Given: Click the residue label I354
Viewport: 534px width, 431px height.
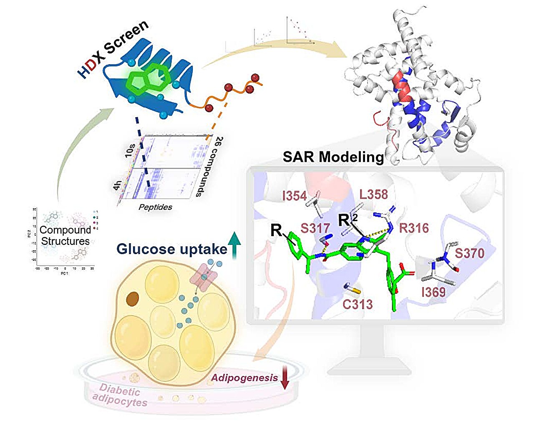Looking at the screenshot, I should point(295,196).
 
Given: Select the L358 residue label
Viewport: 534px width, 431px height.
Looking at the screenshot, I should point(374,194).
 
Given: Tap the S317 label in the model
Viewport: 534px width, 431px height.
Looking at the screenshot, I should point(315,228).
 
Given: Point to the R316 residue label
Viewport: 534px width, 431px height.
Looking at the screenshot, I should point(414,228).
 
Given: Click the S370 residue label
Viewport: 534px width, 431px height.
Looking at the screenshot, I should point(469,253).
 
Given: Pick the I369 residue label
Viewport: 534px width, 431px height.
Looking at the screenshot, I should point(433,292).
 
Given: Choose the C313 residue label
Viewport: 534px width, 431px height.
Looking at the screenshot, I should point(358,304).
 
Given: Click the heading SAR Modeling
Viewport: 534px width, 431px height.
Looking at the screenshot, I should point(333,157).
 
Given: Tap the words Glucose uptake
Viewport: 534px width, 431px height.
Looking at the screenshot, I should point(171,249).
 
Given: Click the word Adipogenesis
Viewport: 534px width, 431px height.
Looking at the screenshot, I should point(244,378).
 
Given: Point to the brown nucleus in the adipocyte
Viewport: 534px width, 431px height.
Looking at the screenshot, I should point(133,298).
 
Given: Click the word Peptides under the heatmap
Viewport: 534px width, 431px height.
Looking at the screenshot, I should point(155,207).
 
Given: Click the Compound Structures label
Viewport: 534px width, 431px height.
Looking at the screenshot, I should point(65,235).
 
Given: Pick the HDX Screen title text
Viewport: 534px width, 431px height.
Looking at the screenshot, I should point(113,48).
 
